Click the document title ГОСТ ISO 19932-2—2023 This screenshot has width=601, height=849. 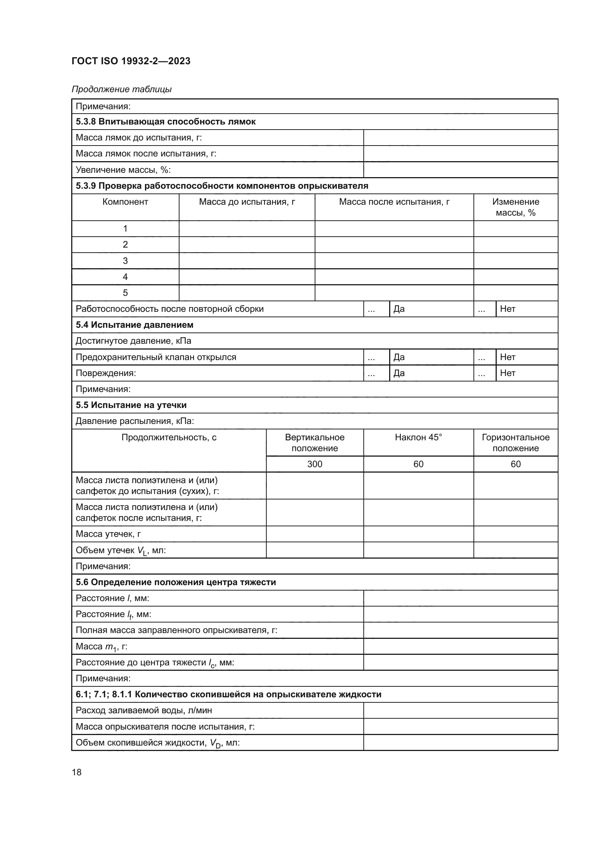(x=131, y=61)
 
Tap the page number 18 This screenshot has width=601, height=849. (x=77, y=772)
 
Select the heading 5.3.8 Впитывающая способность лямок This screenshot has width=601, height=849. (x=165, y=122)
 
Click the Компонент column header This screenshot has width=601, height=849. (x=125, y=202)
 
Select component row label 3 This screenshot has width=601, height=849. (x=125, y=261)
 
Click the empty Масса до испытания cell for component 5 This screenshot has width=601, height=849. (x=246, y=293)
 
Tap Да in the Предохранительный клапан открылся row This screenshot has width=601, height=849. (x=399, y=357)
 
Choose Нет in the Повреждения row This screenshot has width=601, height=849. (x=507, y=373)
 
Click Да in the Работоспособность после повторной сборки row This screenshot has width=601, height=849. (x=399, y=309)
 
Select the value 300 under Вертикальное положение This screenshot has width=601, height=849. (x=315, y=464)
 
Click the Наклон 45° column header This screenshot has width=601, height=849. (x=418, y=437)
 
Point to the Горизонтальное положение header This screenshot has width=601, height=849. (x=515, y=442)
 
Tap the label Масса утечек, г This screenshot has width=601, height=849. (x=108, y=534)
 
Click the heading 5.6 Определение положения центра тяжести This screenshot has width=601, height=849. (x=176, y=582)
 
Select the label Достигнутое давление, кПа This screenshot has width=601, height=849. (x=133, y=341)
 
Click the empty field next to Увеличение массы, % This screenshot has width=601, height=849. (x=460, y=170)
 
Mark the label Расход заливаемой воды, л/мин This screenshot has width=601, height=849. (x=144, y=710)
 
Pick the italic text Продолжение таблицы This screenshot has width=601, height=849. (x=121, y=89)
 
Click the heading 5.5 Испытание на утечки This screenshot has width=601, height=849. (x=131, y=405)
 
